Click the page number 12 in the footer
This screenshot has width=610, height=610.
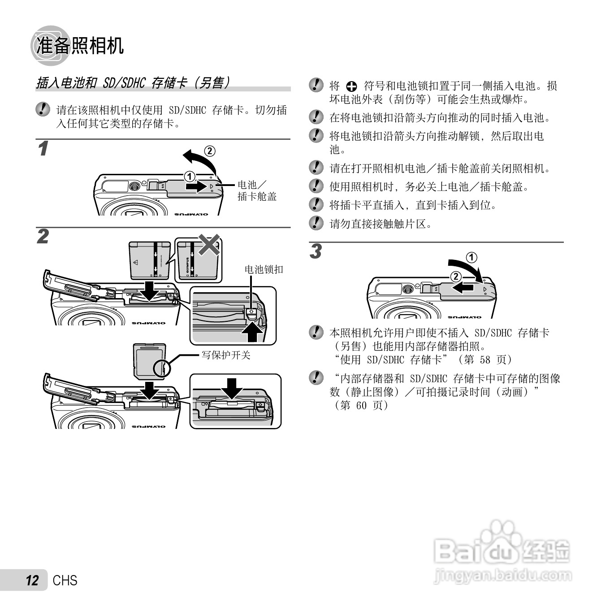coord(32,580)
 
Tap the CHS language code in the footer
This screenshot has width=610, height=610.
coord(65,580)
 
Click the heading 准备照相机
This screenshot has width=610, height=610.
coord(80,46)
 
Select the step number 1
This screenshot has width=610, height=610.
coord(43,149)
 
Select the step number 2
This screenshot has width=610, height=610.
coord(43,237)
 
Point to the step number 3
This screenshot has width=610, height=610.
coord(316,251)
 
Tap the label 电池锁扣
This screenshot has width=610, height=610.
coord(264,269)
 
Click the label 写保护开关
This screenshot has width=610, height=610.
coord(226,355)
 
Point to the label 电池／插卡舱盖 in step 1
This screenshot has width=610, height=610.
coord(257,190)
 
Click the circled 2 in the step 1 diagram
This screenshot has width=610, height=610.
coord(209,151)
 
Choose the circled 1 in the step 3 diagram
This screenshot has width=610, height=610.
coord(472,257)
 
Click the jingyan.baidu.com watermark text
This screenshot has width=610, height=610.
coord(503,575)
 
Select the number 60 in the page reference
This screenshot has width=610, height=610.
coord(361,405)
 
